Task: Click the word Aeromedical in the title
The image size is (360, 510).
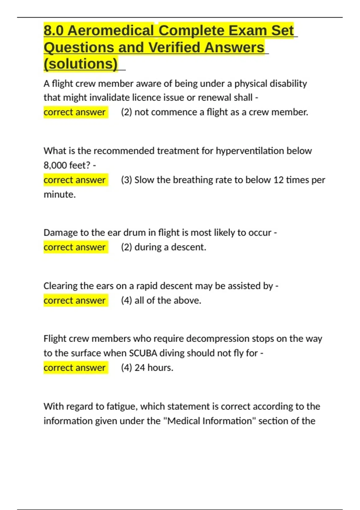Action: coord(111,31)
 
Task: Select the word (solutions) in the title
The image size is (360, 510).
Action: coord(81,64)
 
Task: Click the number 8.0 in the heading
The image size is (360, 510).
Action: coord(54,31)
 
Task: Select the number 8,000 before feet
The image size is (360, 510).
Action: coord(55,165)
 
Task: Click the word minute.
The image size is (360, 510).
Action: coord(59,194)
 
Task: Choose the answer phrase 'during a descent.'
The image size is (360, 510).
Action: coord(170,247)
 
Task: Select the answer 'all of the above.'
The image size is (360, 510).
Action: coord(168,300)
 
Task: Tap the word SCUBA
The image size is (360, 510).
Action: coord(143,353)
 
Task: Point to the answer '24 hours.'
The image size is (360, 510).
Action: coord(154,368)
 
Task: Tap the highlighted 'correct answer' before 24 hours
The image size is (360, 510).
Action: coord(74,368)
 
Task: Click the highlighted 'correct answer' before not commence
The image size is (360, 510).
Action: coord(74,112)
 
